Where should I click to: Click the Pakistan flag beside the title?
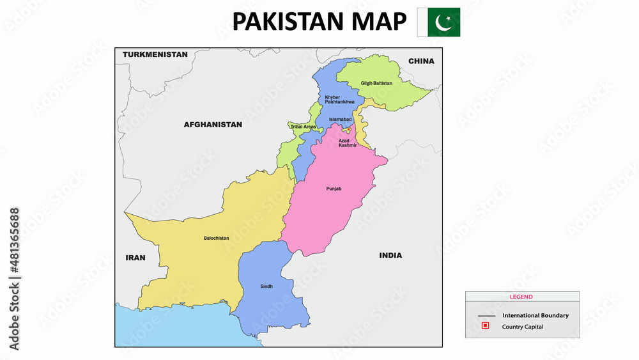pos(438,22)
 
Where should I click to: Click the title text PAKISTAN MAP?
pos(319,22)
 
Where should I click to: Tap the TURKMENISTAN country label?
pos(155,54)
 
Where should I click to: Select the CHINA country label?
pos(421,61)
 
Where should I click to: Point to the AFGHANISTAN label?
pos(213,125)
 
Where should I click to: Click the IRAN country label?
pos(135,258)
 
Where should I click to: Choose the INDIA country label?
pos(390,255)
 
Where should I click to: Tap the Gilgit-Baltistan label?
pos(376,83)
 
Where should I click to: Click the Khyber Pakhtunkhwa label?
pos(339,100)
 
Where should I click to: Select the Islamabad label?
pos(341,120)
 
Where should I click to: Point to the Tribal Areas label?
pos(303,127)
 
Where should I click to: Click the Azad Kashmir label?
pos(348,143)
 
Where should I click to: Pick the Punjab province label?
pos(334,189)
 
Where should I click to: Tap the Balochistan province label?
pos(216,238)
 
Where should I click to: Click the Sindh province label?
pos(266,286)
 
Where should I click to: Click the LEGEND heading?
pos(521,297)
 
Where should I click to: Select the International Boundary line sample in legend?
pos(486,316)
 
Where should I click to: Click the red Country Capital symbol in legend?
pos(485,326)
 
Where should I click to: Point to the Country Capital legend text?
pos(523,327)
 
